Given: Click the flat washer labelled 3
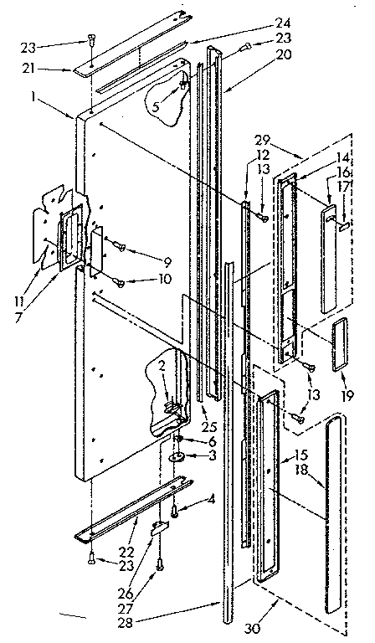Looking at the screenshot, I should click(x=179, y=457).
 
